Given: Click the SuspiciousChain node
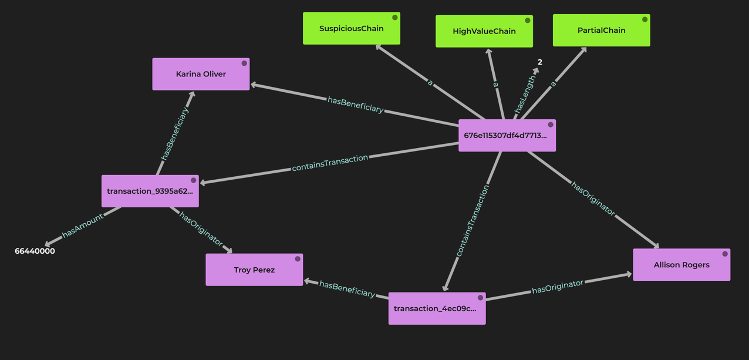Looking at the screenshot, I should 351,28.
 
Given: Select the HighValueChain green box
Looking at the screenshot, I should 484,31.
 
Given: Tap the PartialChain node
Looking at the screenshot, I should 601,30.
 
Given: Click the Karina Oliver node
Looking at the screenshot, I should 201,74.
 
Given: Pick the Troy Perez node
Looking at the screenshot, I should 254,270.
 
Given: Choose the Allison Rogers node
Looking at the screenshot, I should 681,264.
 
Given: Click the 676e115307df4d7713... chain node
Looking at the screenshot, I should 507,135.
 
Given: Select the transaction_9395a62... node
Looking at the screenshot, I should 150,191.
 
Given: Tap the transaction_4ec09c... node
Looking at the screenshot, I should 437,308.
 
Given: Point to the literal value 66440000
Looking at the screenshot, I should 35,251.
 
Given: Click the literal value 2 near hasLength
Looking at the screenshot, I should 539,62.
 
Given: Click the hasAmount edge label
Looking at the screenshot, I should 82,225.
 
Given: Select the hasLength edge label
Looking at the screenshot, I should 524,94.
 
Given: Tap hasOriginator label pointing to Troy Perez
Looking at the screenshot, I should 201,228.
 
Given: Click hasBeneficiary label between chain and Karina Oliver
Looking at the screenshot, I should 355,105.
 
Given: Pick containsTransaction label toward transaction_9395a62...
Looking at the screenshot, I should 330,163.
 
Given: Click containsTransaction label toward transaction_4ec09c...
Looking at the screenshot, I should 472,221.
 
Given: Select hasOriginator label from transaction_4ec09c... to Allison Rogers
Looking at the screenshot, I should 557,287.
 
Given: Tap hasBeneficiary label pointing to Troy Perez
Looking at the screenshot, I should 347,288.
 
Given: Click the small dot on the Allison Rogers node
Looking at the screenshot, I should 725,254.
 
